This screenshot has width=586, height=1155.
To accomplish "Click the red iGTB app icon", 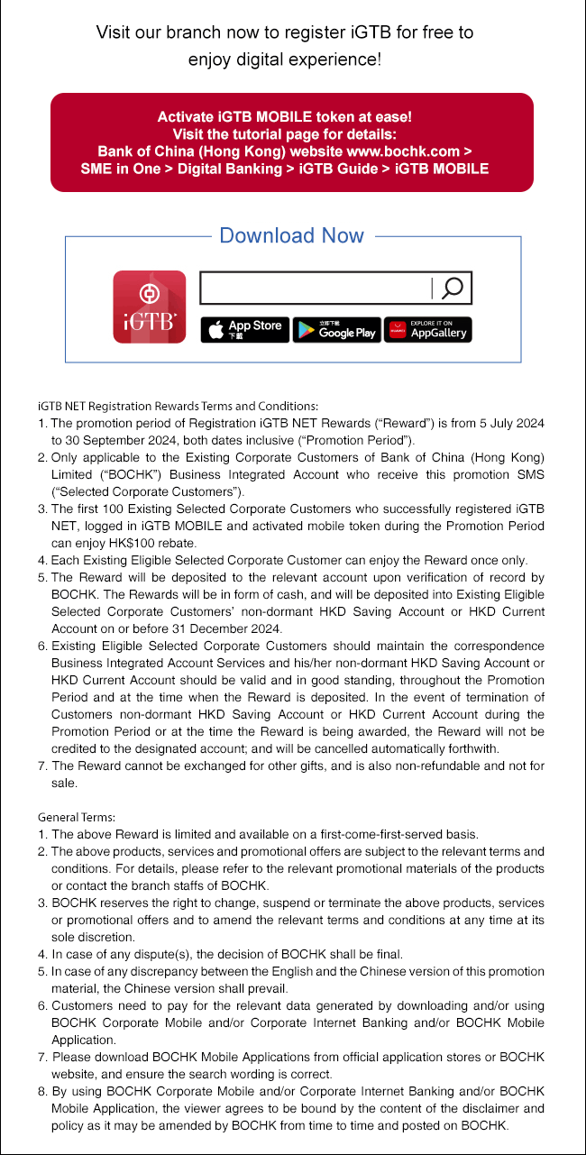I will pos(149,307).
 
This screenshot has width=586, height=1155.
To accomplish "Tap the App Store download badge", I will pos(244,330).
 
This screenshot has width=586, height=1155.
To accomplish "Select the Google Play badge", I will pos(336,330).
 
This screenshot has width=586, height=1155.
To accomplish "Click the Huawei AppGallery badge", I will pos(427,330).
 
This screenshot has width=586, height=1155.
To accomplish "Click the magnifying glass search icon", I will pos(453,289).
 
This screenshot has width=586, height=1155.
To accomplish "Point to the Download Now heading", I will pos(292,236).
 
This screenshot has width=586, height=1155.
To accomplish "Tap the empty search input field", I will pos(316,289).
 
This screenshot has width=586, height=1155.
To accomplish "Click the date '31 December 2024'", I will pos(231,628).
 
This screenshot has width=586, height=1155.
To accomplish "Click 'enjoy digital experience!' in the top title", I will pos(285,60).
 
